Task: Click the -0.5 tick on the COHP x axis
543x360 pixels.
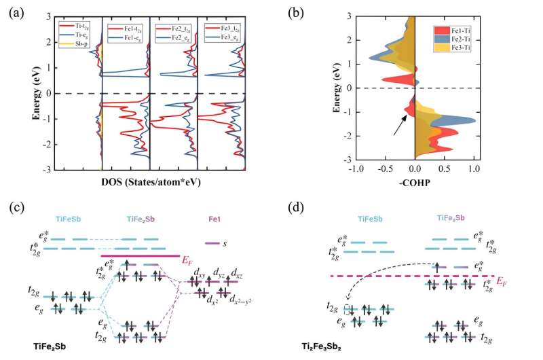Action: [385, 168]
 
